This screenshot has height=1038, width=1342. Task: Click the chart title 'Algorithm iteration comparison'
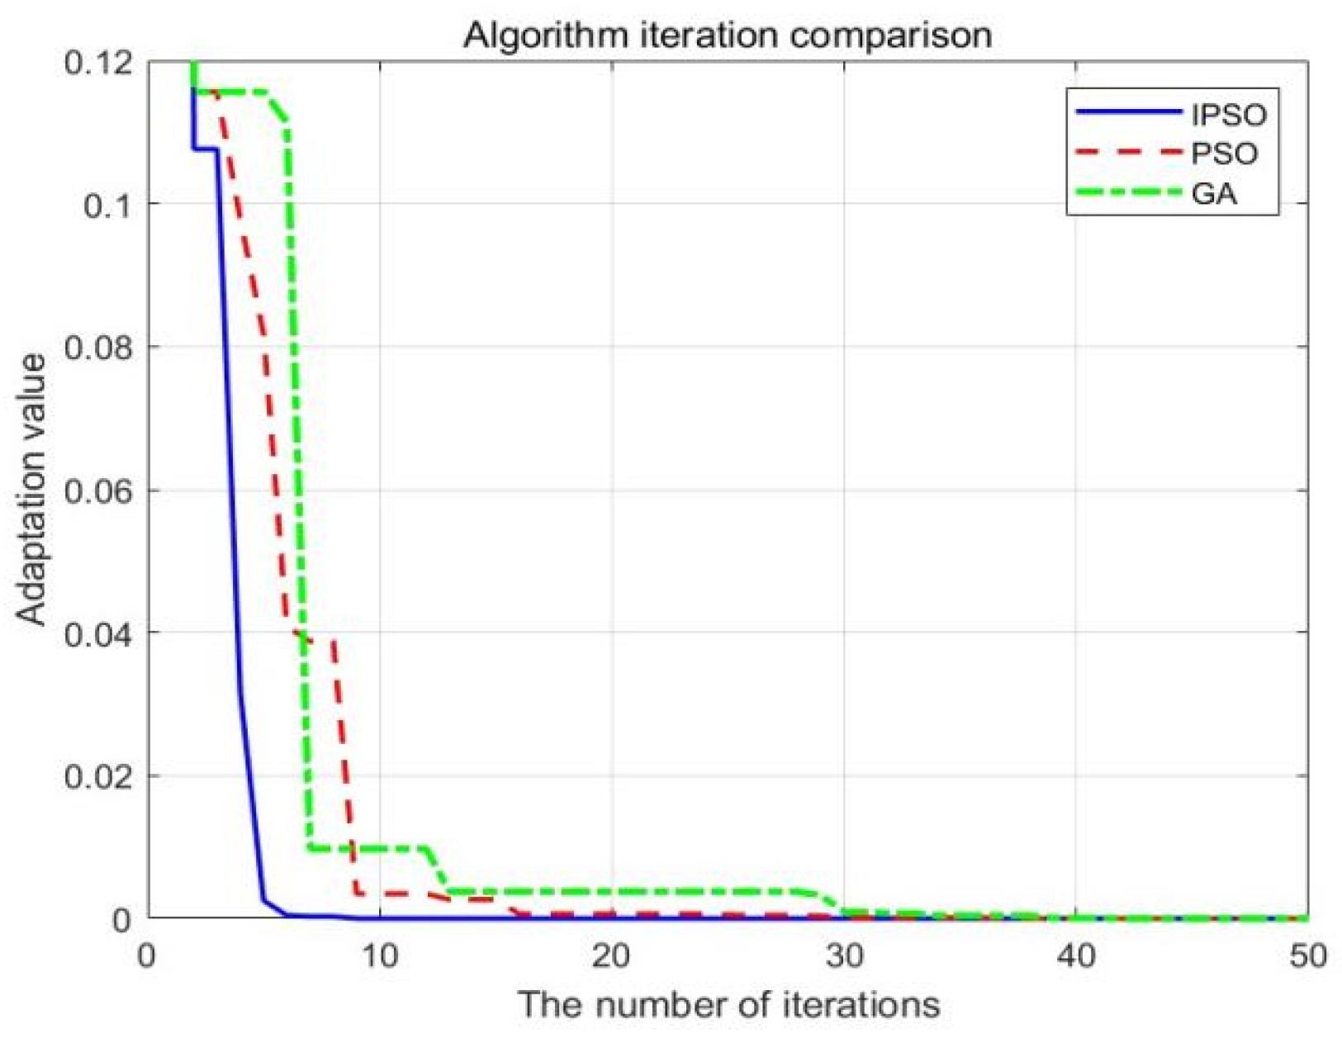(x=727, y=35)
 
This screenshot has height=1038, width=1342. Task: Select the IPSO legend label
(x=1228, y=114)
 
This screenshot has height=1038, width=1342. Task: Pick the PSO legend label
(x=1224, y=154)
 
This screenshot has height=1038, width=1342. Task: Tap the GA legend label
(x=1214, y=193)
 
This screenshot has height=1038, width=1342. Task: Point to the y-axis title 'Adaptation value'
(x=33, y=490)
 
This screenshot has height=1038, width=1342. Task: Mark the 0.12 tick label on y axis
(x=97, y=62)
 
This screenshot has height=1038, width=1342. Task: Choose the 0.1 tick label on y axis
(x=109, y=205)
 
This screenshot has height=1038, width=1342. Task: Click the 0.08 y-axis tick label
(x=97, y=348)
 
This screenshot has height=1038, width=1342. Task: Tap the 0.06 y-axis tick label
(x=97, y=491)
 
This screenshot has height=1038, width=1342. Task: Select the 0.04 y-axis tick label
(x=97, y=633)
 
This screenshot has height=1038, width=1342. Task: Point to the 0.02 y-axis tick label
(x=97, y=776)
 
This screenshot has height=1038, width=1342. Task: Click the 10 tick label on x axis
(x=379, y=956)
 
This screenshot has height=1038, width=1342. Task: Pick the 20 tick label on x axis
(x=611, y=956)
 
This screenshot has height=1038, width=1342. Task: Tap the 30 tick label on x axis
(x=843, y=956)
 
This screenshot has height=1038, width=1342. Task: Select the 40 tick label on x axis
(x=1075, y=956)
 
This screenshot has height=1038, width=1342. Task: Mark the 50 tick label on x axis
(x=1307, y=956)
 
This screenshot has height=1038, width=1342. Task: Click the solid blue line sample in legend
(x=1128, y=111)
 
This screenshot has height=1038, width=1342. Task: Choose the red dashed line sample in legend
(x=1128, y=152)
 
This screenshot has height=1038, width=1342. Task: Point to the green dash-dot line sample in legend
(x=1128, y=192)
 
